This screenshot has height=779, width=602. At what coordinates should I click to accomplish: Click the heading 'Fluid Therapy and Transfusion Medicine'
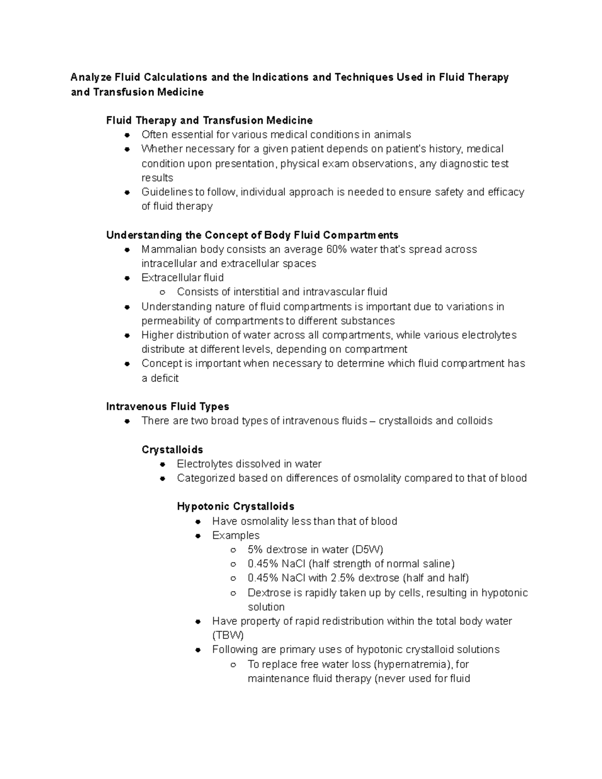click(209, 120)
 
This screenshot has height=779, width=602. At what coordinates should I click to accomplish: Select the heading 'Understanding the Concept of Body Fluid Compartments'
click(252, 235)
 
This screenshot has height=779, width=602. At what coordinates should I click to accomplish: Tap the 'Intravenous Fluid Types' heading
click(168, 406)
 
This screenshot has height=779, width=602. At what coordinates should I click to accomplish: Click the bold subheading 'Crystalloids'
click(172, 449)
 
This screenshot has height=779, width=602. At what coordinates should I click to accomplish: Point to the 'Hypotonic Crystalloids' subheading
click(235, 506)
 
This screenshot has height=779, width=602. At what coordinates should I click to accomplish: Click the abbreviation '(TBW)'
click(228, 636)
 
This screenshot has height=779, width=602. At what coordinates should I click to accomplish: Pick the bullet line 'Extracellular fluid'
click(183, 278)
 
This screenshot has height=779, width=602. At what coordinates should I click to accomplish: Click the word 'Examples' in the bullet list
click(236, 535)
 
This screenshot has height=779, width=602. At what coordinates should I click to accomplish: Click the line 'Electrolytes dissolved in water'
click(249, 464)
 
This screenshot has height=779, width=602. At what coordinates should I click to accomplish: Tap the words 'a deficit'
click(160, 378)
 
